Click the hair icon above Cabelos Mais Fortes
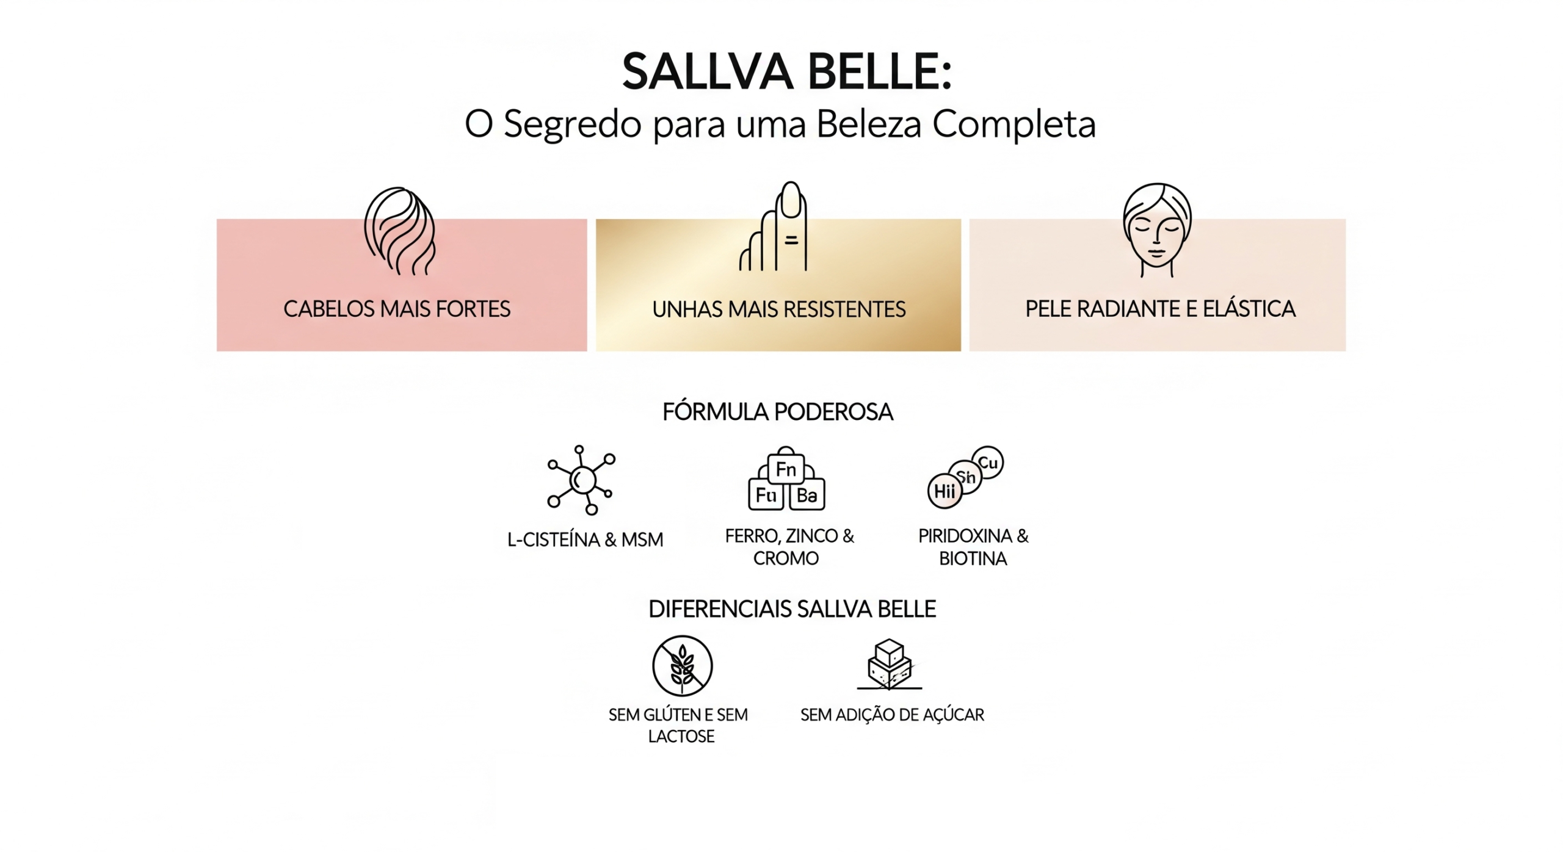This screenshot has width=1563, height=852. pos(400,231)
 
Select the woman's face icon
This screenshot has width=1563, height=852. pos(1157,229)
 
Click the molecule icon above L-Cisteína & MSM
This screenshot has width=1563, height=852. pos(581,480)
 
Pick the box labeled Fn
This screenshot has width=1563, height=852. pos(786,469)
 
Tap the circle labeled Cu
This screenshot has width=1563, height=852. pos(987,463)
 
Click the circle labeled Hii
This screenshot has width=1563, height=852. pos(945,491)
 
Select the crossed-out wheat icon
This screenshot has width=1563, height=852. pos(682,666)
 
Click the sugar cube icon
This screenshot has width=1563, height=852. pos(890,665)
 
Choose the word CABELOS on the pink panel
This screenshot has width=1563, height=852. pos(328,309)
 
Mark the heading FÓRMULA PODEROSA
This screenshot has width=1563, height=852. pos(778,412)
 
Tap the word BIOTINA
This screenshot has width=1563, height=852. pos(973,558)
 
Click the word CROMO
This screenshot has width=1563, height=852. pos(786,558)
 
